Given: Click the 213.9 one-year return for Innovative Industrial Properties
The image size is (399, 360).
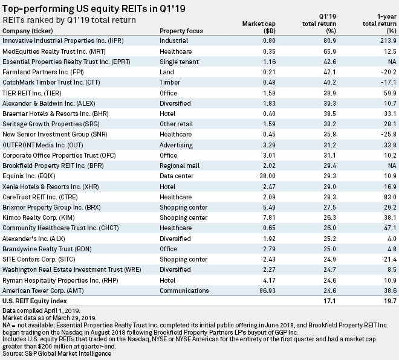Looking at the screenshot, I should pos(386,40).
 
